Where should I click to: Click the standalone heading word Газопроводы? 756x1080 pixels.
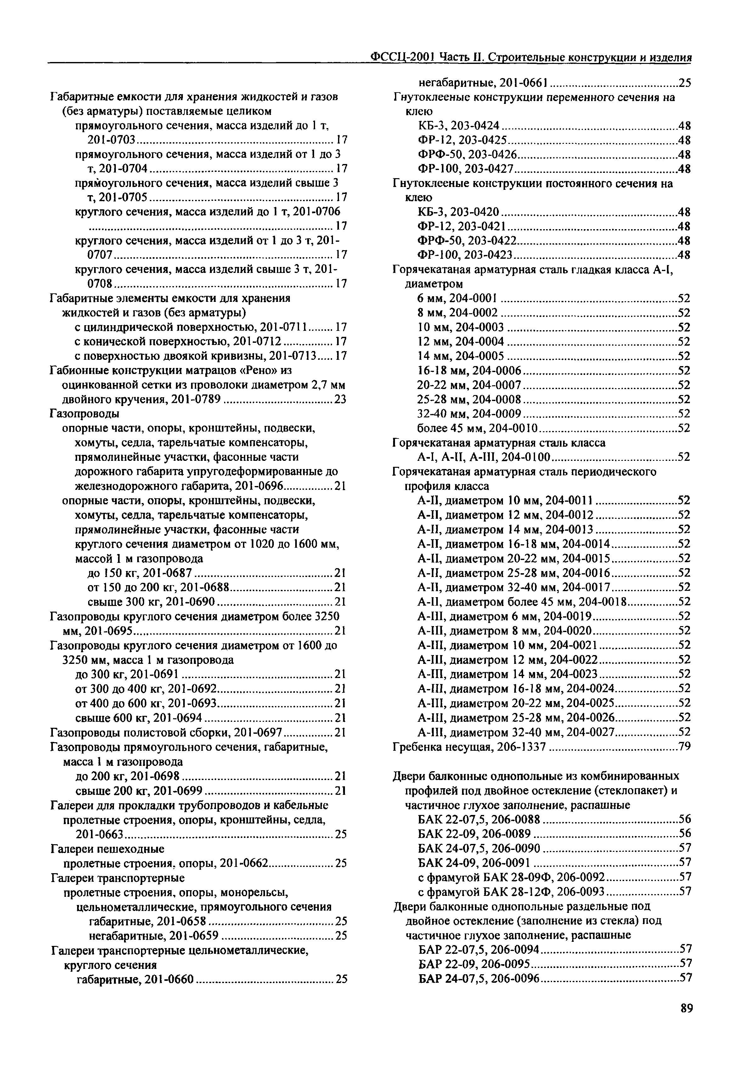(x=84, y=414)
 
